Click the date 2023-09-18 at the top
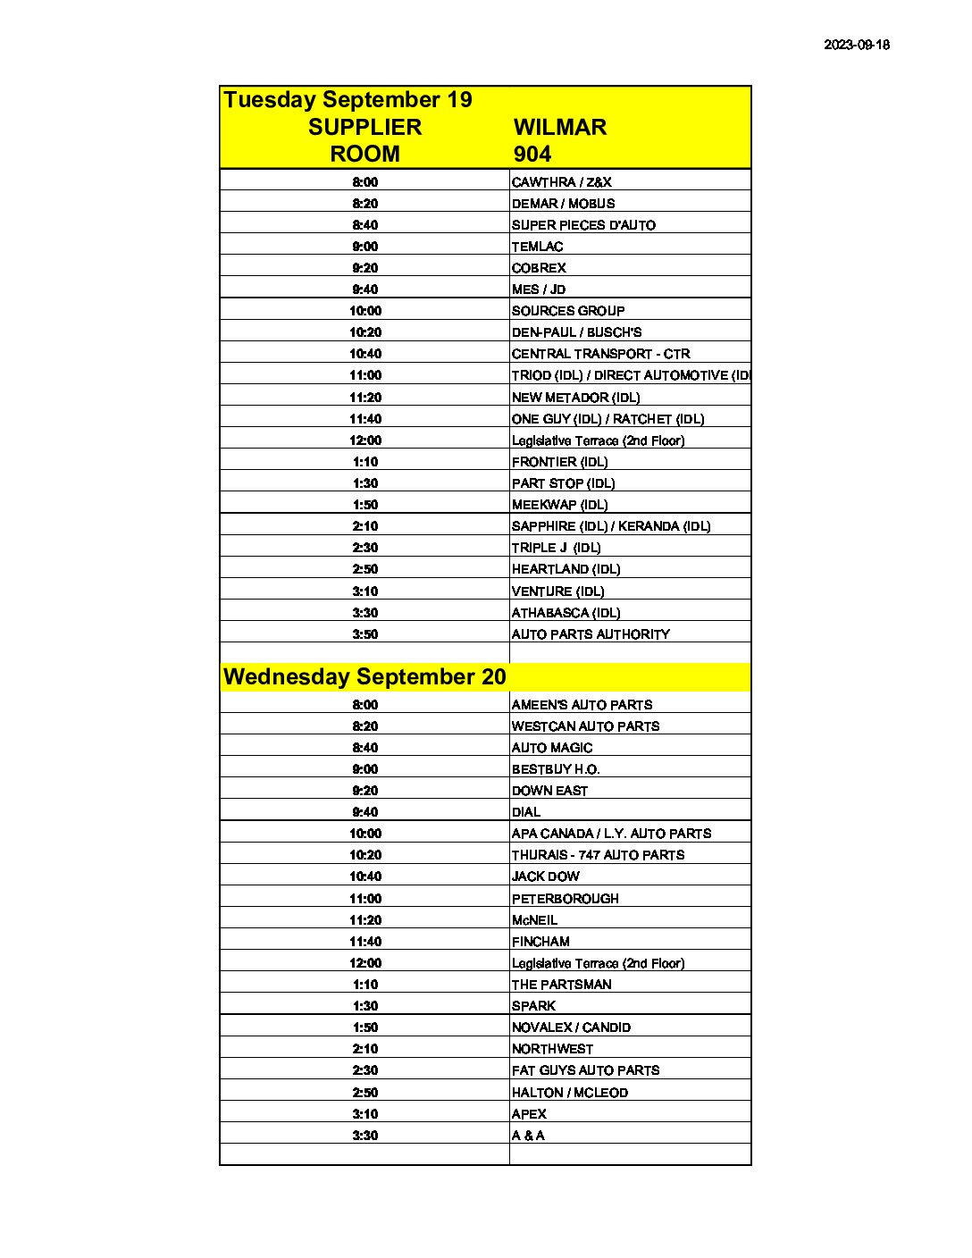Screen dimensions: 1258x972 [856, 45]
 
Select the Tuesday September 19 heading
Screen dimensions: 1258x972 [348, 99]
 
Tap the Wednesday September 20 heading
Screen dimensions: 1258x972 [364, 676]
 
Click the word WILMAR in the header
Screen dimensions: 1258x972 [560, 127]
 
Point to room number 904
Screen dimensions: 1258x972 [532, 154]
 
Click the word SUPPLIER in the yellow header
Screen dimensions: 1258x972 [364, 127]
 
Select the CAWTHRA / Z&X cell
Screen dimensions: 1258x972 [562, 182]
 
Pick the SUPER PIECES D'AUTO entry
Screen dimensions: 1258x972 [583, 225]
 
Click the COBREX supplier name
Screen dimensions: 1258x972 [539, 268]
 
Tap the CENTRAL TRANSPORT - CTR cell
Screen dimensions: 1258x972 [600, 354]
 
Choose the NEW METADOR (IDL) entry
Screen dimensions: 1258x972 [575, 398]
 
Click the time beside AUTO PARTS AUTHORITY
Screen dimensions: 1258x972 [364, 634]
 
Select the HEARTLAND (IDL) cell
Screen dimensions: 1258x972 [566, 569]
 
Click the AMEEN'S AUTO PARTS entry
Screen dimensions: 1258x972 [582, 705]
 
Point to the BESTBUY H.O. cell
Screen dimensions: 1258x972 [556, 769]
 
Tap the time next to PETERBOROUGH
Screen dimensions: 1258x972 [364, 899]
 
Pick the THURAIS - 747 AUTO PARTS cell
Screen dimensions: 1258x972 [598, 855]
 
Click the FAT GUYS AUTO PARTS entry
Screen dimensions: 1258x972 [585, 1070]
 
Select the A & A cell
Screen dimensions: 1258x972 [528, 1136]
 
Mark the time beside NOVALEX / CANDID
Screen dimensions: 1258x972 [364, 1027]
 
